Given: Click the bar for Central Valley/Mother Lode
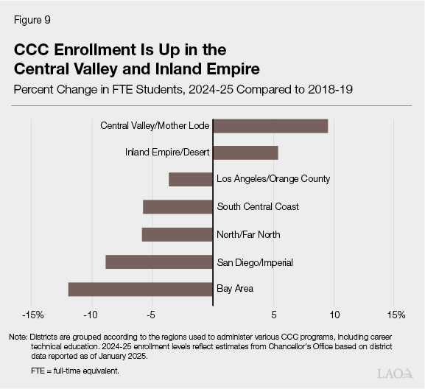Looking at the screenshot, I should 270,126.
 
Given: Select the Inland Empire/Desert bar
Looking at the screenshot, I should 245,153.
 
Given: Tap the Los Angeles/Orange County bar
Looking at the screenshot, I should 191,179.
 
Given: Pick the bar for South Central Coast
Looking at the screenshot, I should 178,206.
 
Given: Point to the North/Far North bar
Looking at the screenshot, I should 177,234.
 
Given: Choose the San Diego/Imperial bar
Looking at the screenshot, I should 159,262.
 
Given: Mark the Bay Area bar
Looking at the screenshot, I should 140,289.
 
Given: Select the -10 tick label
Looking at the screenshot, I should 91,315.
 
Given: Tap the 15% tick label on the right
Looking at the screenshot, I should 395,315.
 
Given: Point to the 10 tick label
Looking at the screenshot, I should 334,315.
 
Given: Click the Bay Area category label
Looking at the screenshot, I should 235,289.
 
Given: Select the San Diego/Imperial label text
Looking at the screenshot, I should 255,262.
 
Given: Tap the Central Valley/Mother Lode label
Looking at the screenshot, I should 155,126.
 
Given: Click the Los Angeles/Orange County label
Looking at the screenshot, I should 273,179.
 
